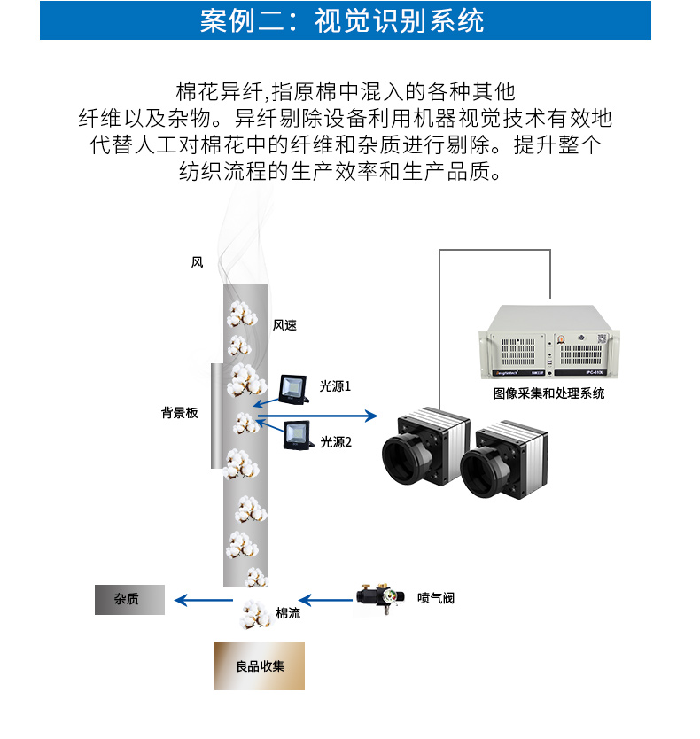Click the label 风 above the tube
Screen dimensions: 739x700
point(197,262)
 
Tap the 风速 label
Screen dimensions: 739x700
point(284,325)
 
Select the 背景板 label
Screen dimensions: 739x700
point(179,413)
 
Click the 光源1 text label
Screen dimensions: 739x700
point(336,386)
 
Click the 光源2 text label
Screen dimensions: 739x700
point(336,441)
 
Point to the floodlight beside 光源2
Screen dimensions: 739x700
point(297,435)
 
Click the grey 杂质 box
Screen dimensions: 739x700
point(129,600)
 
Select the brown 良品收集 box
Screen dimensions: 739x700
point(259,665)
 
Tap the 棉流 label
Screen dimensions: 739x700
point(288,613)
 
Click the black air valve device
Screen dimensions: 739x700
point(377,596)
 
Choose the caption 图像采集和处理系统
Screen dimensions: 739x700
point(548,393)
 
